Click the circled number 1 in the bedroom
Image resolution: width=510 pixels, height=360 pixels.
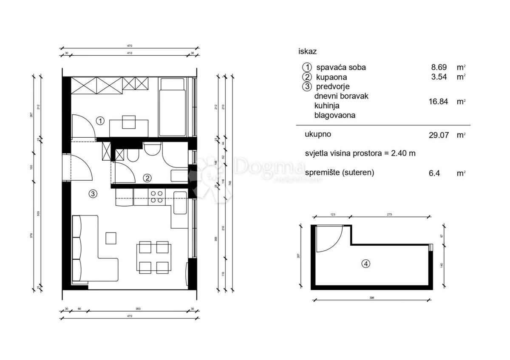coord(100,121)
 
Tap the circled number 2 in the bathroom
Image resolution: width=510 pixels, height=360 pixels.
coord(147,178)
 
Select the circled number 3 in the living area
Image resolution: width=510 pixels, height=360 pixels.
coord(93,194)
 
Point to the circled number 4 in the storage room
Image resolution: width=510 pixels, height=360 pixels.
coord(365,264)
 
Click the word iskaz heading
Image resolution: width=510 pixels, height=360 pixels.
coord(308,51)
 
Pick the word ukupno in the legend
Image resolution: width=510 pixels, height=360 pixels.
coord(318,134)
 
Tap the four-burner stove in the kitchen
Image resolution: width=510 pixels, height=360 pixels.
coord(156,196)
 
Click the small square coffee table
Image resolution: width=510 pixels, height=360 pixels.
coord(111,238)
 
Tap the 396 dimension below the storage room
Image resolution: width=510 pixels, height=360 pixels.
coord(372,298)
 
